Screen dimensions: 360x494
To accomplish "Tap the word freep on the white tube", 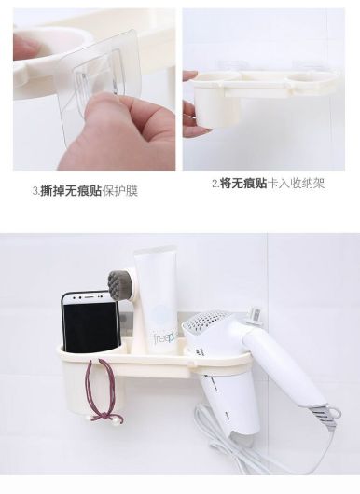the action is coord(164,338).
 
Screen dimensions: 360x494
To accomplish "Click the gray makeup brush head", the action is coord(121,282).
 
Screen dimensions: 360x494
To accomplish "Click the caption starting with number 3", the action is coord(86,191).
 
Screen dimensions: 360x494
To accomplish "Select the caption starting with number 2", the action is coord(269,183).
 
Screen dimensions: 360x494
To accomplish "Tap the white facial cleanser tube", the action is coord(156,299).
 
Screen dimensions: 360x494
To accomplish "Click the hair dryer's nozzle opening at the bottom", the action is coord(242,437).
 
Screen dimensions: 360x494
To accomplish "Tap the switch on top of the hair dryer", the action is coord(255,314).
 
